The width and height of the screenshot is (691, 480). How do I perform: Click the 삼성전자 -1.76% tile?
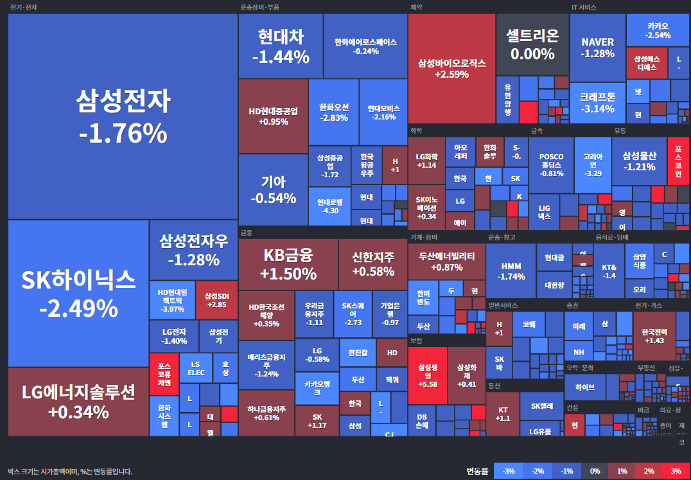click(x=123, y=116)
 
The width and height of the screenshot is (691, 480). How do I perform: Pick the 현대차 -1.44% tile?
click(x=281, y=46)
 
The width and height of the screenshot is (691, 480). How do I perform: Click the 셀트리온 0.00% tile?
click(x=532, y=44)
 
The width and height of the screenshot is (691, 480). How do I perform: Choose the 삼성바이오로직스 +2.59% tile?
click(x=451, y=69)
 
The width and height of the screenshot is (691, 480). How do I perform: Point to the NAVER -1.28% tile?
click(x=597, y=48)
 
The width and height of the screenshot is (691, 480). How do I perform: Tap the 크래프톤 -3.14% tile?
click(x=597, y=103)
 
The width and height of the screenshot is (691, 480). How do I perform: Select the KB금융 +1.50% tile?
click(x=288, y=264)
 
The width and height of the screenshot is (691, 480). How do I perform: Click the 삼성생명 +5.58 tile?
click(x=427, y=375)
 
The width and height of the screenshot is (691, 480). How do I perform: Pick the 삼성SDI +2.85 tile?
click(x=216, y=300)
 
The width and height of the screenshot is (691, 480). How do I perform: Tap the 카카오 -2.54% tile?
click(x=658, y=30)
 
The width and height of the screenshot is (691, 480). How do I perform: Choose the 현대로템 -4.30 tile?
click(x=329, y=206)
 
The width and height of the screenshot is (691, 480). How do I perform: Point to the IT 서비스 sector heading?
click(x=584, y=7)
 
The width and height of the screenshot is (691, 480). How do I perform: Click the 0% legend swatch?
click(x=595, y=471)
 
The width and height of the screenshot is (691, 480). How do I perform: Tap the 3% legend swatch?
click(x=676, y=471)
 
